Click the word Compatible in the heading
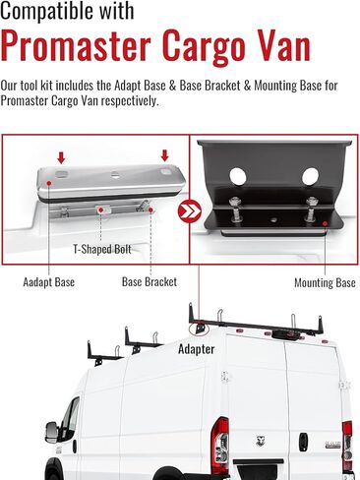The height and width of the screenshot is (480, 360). coord(58,15)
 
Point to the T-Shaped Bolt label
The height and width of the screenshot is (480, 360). coord(101,250)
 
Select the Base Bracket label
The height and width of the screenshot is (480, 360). coord(149,283)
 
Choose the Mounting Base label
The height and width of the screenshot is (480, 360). coord(325,283)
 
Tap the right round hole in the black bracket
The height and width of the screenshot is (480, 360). coord(309,178)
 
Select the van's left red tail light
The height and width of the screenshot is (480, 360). coord(221,439)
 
